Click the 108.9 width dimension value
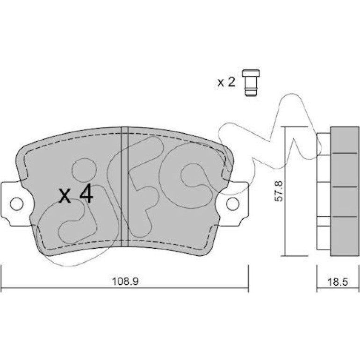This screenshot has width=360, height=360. click(x=125, y=281)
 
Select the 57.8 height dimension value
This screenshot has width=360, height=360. click(x=279, y=191)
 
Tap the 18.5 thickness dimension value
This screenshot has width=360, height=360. click(x=338, y=282)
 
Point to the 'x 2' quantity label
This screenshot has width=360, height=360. click(x=226, y=82)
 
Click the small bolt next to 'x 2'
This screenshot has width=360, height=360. click(x=251, y=82)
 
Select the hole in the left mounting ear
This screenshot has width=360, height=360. click(x=17, y=204)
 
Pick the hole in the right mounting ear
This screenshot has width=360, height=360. click(x=233, y=204)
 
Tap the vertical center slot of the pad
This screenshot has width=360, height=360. click(x=125, y=187)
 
